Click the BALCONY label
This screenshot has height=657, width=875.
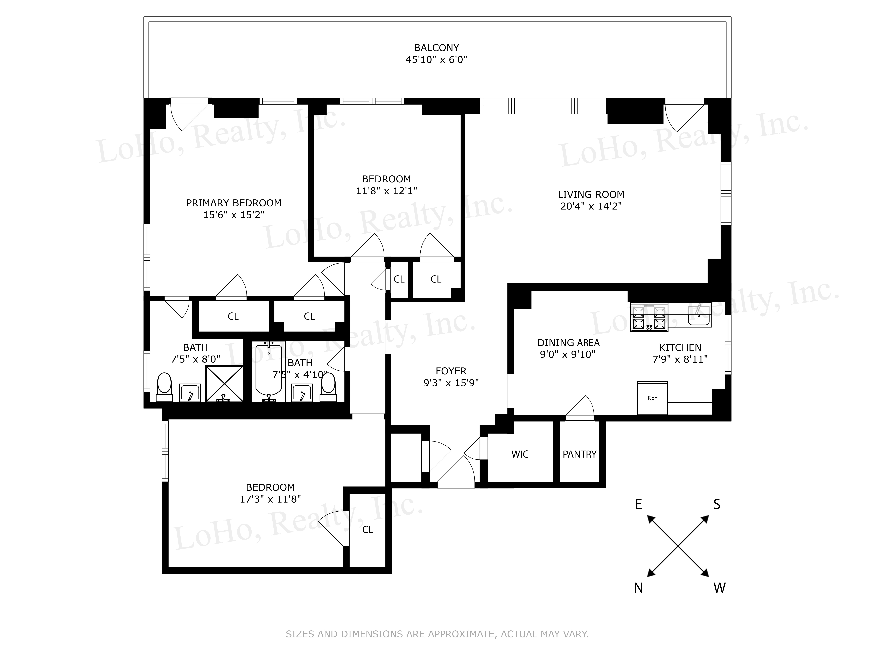click(x=436, y=48)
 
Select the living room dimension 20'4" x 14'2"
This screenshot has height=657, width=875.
click(x=591, y=206)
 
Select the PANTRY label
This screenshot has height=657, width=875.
click(x=580, y=454)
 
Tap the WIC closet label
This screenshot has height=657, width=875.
click(x=520, y=454)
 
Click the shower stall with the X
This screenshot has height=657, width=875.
click(x=224, y=383)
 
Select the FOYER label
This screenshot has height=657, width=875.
click(x=451, y=371)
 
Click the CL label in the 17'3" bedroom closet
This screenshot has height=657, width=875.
click(x=367, y=530)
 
